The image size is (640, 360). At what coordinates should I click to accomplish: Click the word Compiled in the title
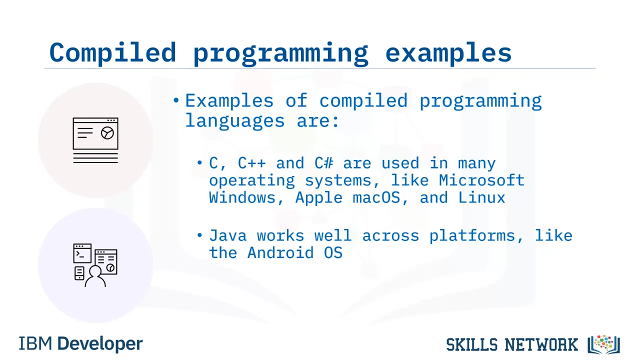click(x=112, y=53)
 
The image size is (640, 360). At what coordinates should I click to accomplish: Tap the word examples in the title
click(x=448, y=53)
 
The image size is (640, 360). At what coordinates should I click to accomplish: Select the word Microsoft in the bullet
click(x=481, y=180)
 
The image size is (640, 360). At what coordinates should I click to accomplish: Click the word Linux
click(x=481, y=197)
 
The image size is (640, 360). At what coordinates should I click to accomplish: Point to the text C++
click(x=251, y=163)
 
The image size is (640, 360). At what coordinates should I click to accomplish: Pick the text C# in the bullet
click(x=323, y=163)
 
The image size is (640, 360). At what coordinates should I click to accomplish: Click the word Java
click(x=227, y=235)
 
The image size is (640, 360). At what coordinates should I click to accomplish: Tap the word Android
click(x=280, y=253)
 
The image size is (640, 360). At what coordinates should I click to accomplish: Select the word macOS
click(x=376, y=197)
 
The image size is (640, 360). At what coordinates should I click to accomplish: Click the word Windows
click(x=242, y=197)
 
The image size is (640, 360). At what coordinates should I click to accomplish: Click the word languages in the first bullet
click(x=235, y=121)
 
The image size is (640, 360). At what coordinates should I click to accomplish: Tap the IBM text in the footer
click(x=35, y=343)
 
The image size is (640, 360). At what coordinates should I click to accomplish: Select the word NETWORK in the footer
click(x=541, y=344)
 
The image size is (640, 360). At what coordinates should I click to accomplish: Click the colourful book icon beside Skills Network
click(x=603, y=344)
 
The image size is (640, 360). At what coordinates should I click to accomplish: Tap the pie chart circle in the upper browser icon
click(x=107, y=133)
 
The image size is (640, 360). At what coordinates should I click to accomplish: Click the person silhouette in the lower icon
click(x=95, y=276)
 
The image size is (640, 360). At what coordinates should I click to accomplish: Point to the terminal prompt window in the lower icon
click(x=82, y=253)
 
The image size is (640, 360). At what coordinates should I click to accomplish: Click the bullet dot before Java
click(x=199, y=235)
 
